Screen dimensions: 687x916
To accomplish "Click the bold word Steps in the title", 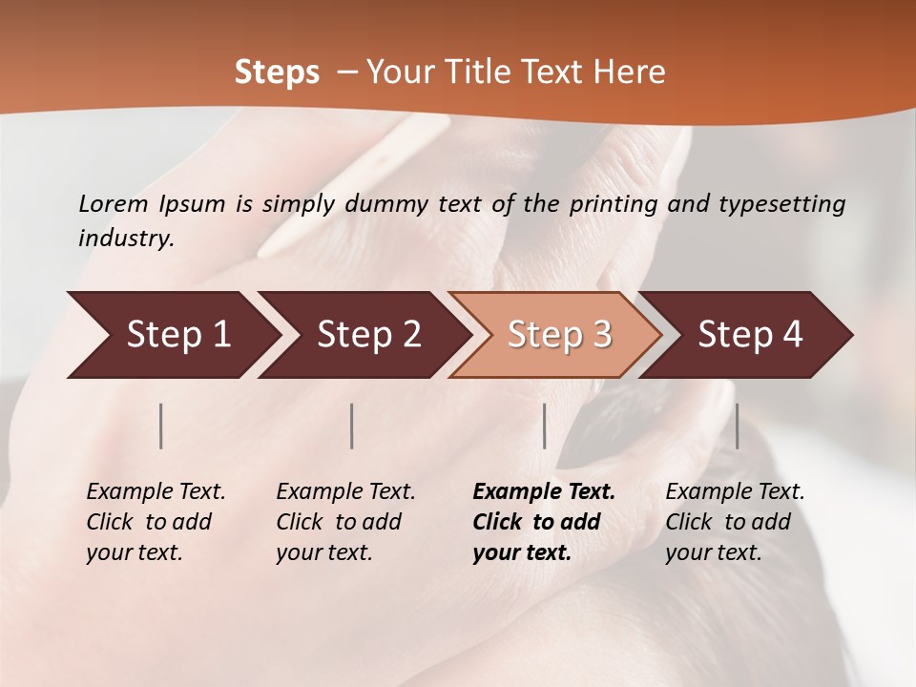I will pos(277,73).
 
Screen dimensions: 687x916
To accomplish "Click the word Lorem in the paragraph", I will pos(114,203).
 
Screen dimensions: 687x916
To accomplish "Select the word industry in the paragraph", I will pos(125,239).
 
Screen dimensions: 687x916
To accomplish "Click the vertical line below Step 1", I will pos(161,426).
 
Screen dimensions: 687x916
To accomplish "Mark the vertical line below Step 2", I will pos(352,426).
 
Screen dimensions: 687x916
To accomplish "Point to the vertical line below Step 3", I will pos(544,426).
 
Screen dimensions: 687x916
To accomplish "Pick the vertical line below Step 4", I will pos(737,426).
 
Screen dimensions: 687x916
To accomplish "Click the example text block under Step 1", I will pos(156,522).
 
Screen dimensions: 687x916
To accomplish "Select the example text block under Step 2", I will pos(345,522).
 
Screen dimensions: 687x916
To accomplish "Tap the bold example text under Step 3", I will pos(544,522).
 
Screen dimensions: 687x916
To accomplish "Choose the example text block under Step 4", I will pos(735,522).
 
